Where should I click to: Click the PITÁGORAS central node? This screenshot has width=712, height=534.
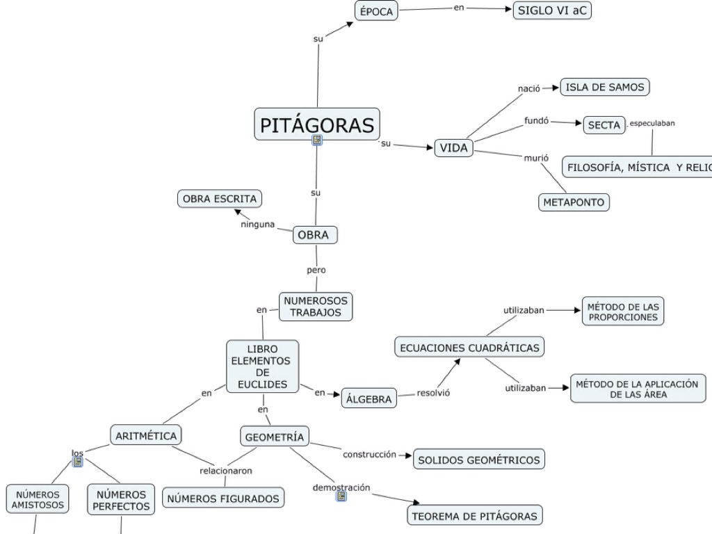[x=317, y=124]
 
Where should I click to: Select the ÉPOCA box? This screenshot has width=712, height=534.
[x=376, y=11]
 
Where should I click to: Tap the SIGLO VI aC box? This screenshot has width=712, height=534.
[x=552, y=10]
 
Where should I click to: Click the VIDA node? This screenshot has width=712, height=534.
[x=454, y=147]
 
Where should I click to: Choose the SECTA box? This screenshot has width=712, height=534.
[x=604, y=125]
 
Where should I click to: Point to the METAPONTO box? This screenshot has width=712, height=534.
[x=574, y=202]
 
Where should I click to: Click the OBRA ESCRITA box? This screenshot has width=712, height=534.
[x=220, y=199]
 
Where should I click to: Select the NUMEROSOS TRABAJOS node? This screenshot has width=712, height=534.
[x=316, y=307]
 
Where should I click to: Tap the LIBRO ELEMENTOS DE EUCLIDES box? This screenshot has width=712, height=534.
[x=262, y=366]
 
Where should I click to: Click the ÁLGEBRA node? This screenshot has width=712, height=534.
[x=369, y=398]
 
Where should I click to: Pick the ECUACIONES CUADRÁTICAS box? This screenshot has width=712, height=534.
[x=470, y=347]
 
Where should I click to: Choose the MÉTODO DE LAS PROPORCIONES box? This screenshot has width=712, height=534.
[x=623, y=311]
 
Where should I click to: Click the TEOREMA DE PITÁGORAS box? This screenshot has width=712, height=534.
[x=474, y=516]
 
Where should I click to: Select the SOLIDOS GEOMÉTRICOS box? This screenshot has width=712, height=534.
[x=478, y=460]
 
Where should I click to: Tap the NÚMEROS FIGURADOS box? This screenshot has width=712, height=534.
[x=223, y=498]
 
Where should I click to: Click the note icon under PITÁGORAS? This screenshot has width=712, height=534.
[x=317, y=140]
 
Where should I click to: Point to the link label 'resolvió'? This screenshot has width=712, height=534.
[x=433, y=393]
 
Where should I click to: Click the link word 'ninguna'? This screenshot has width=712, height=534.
[x=258, y=225]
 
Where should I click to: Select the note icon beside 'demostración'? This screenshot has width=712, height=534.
[x=341, y=496]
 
